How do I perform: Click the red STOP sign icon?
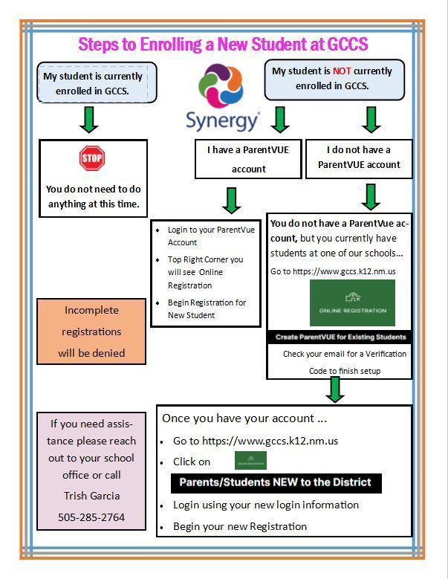(92, 158)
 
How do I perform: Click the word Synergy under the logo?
(222, 120)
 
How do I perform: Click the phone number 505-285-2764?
(91, 517)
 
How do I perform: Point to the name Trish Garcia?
(91, 496)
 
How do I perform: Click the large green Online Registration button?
(352, 303)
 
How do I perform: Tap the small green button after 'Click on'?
(250, 461)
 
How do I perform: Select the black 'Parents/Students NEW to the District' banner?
(276, 482)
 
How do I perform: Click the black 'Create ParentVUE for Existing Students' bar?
(340, 337)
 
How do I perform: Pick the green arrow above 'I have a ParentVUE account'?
(280, 119)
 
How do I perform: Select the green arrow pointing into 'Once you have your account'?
(335, 389)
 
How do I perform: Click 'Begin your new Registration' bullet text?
(240, 526)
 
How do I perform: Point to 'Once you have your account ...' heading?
(244, 418)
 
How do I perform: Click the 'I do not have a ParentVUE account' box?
(359, 158)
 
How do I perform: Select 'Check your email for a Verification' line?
(345, 354)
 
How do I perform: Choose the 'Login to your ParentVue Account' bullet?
(211, 236)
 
